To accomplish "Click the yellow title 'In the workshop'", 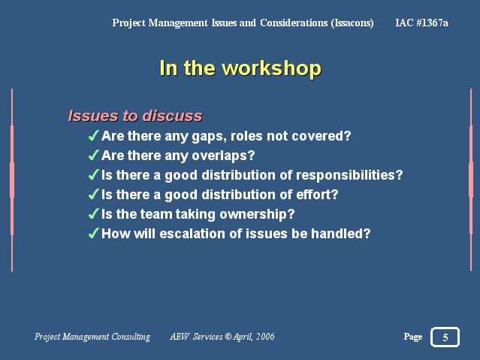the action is point(240,68).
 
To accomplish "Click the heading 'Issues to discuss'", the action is point(135,116).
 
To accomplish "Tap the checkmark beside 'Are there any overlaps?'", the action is point(94,155).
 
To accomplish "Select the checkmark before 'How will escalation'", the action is point(94,233).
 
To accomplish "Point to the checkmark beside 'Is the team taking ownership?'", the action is point(94,213).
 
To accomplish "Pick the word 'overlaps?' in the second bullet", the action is point(223,156).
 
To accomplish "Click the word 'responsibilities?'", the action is point(349,175).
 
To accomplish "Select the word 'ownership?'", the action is point(257,214).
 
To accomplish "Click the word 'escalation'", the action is point(192,234).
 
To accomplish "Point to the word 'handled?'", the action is point(341,234).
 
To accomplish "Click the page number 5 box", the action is point(445,337).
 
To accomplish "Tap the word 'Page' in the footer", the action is point(413,337).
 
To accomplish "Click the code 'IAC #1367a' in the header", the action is point(422,23).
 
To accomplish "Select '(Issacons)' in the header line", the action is point(352,23).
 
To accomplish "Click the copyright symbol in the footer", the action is point(228,337).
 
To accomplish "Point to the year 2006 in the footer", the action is point(265,337).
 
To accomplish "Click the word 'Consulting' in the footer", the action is point(131,337).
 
